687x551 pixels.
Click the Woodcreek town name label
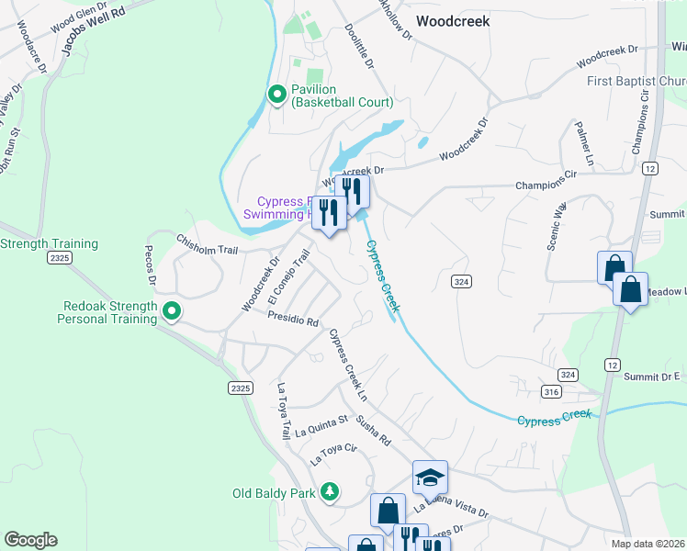[x=453, y=20]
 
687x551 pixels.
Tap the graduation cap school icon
[x=430, y=477]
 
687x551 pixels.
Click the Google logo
[x=30, y=540]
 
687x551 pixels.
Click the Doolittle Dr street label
[x=360, y=48]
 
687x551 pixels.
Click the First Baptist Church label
[x=636, y=82]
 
